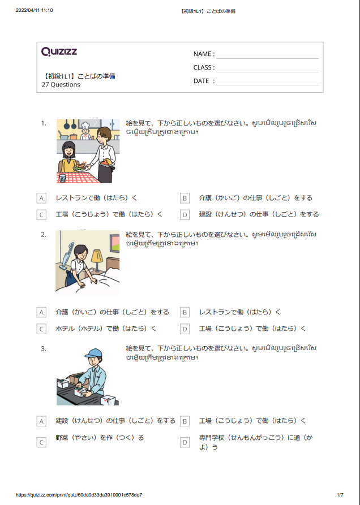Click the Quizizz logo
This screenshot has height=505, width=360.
[x=59, y=52]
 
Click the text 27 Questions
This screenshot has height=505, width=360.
[x=61, y=85]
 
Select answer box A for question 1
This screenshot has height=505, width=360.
[x=41, y=198]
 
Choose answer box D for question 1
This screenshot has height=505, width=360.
[x=185, y=215]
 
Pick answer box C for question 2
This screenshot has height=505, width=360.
[x=41, y=329]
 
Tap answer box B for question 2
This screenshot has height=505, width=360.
[x=185, y=312]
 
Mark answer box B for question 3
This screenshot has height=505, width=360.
[x=185, y=421]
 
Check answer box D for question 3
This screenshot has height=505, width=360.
[x=185, y=443]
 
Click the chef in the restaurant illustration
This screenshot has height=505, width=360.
[x=85, y=130]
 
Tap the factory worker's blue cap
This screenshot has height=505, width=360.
[x=93, y=353]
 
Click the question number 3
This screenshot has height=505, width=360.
[x=44, y=348]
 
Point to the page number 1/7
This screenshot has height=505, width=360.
[x=340, y=495]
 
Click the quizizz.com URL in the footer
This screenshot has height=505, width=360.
[x=79, y=495]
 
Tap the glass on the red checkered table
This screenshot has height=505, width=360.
[x=62, y=178]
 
